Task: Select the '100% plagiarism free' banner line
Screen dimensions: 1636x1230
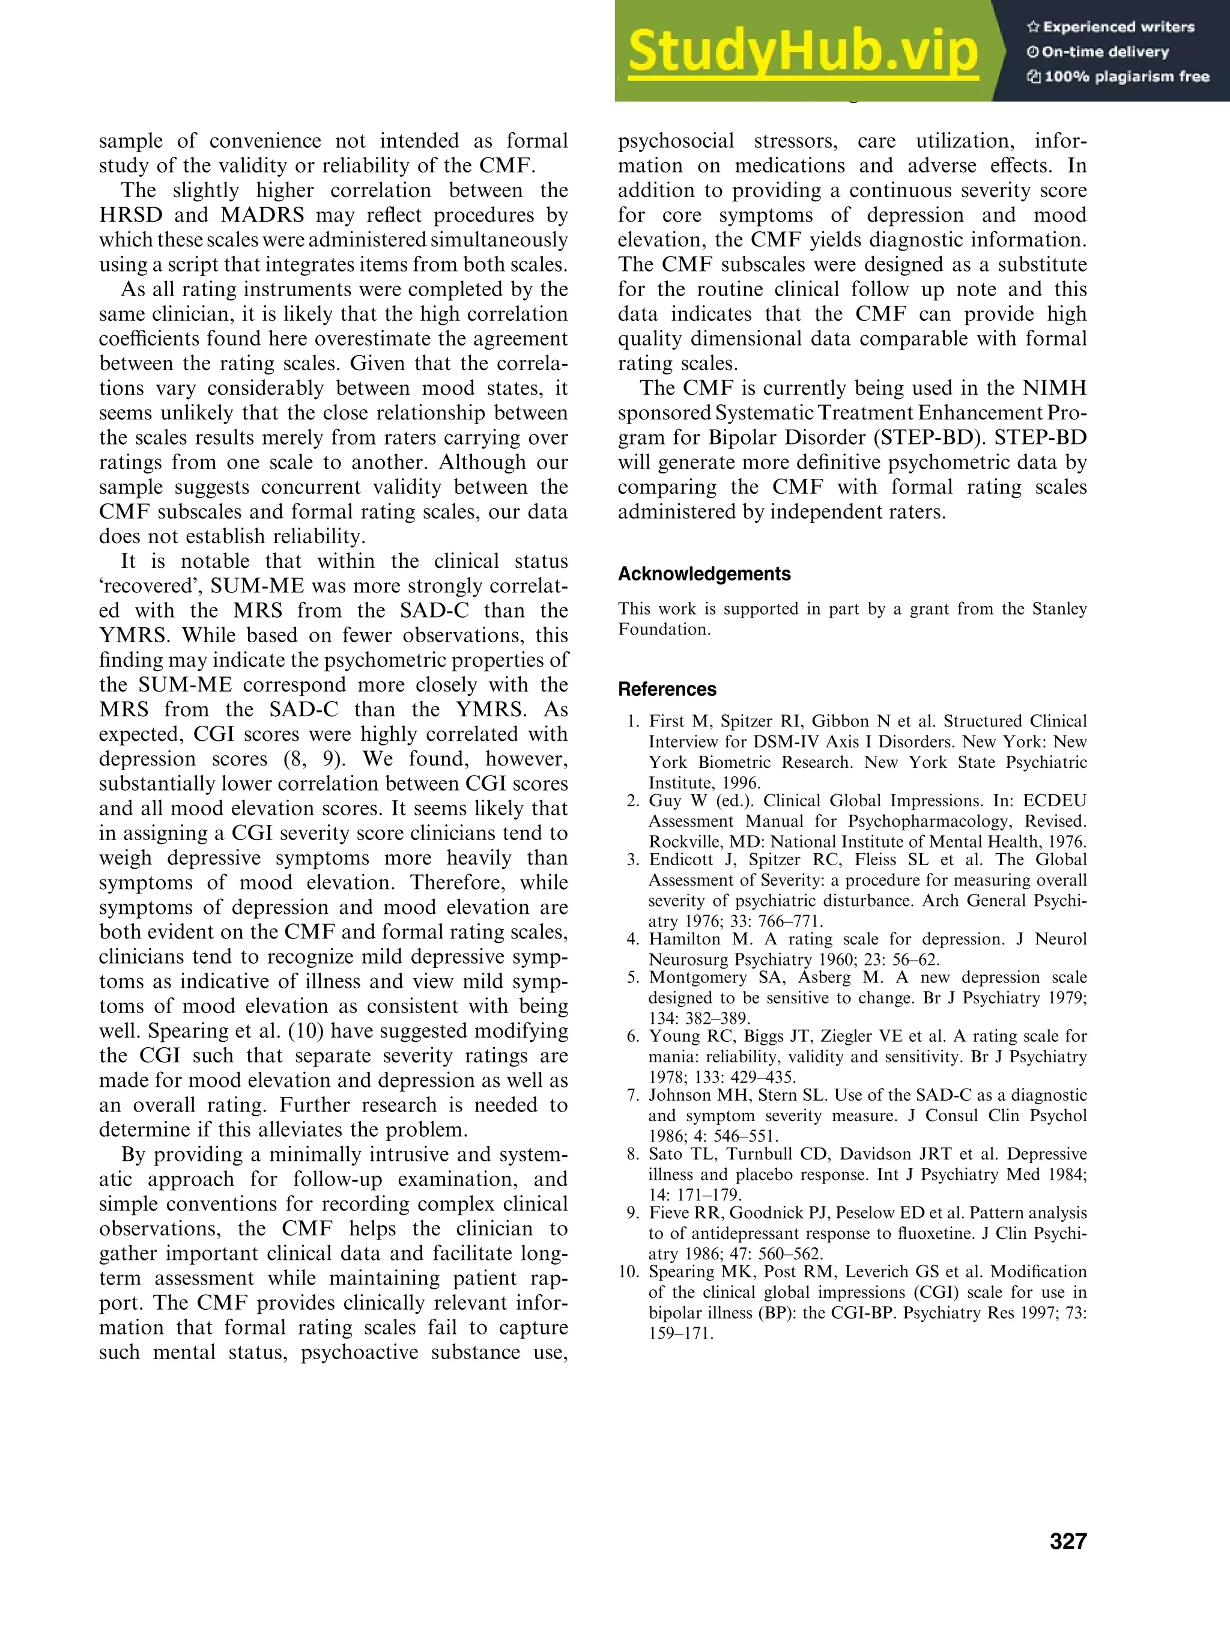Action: pos(1118,77)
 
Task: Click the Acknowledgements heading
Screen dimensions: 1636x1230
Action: pos(704,574)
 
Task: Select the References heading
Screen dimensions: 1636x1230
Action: pos(667,689)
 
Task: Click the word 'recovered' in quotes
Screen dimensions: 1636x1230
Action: pos(151,586)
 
